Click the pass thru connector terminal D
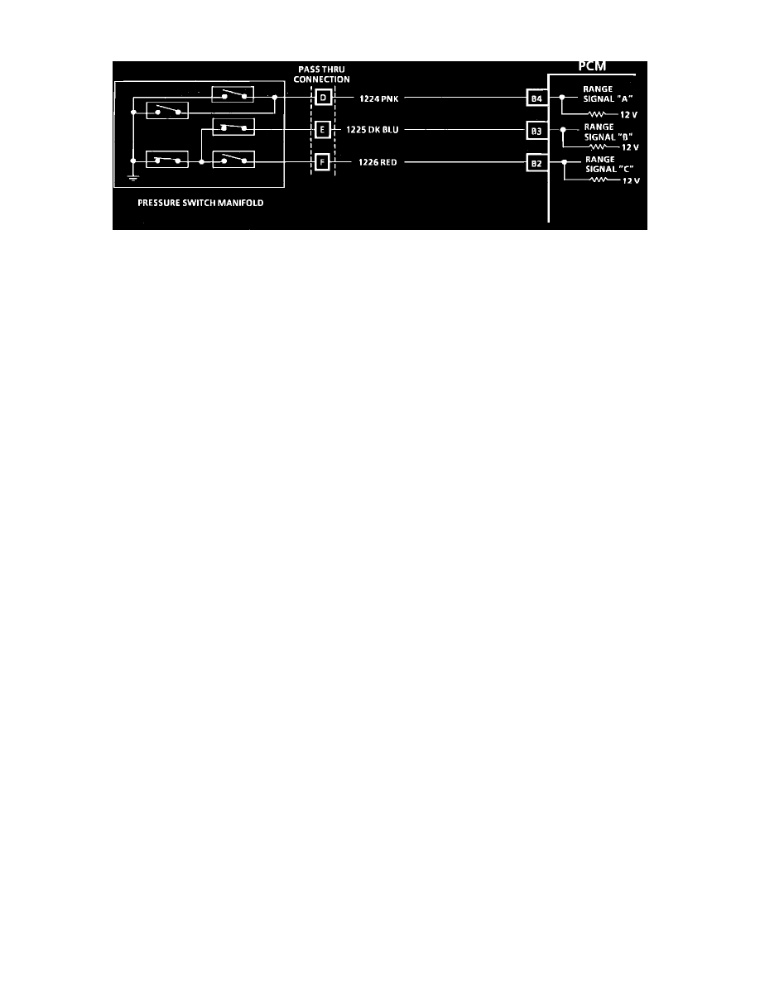[x=323, y=97]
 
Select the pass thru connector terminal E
[x=322, y=130]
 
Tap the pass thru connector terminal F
[x=322, y=162]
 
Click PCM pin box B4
[x=536, y=98]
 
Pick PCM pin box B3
[x=536, y=131]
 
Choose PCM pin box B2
[x=536, y=164]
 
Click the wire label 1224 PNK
[x=378, y=99]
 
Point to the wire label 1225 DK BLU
[x=373, y=130]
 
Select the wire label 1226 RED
[x=378, y=162]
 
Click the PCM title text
[x=592, y=66]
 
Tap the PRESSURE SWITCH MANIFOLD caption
[x=200, y=203]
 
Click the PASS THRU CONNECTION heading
[x=322, y=74]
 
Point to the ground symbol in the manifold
[x=133, y=177]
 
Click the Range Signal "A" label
[x=608, y=94]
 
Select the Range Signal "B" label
[x=608, y=132]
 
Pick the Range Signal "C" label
[x=609, y=165]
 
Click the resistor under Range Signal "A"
[x=596, y=115]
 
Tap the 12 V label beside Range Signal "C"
[x=631, y=180]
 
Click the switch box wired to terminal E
[x=234, y=127]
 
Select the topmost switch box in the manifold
[x=233, y=94]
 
